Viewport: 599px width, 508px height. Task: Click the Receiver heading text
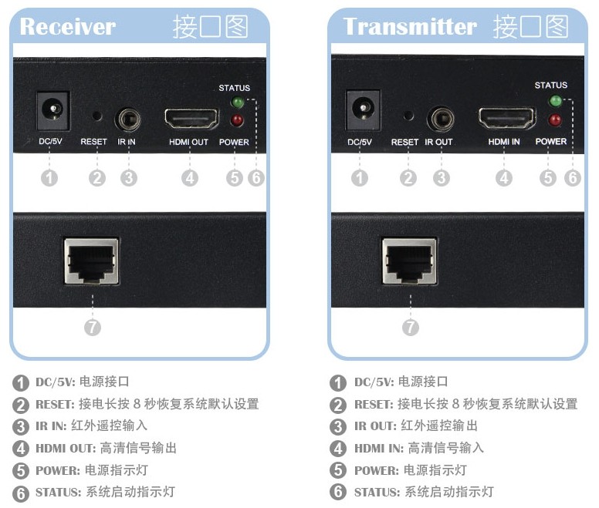pos(67,26)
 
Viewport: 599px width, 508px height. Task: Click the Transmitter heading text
pos(410,26)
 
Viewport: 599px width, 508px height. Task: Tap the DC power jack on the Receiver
pos(52,111)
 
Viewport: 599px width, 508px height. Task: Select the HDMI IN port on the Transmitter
pos(506,119)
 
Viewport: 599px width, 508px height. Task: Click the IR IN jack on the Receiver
pos(127,120)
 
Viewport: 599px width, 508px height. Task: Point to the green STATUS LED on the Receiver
pos(238,103)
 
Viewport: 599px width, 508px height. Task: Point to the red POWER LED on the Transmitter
pos(553,119)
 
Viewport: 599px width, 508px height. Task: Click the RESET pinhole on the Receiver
pos(96,116)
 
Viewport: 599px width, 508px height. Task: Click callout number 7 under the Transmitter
pos(411,327)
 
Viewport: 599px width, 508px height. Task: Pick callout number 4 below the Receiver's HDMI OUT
pos(190,178)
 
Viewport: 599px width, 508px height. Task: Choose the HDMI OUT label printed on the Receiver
pos(189,142)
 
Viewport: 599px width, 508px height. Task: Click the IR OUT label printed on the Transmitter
pos(438,142)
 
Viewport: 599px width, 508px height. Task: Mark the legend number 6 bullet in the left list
pos(19,493)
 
